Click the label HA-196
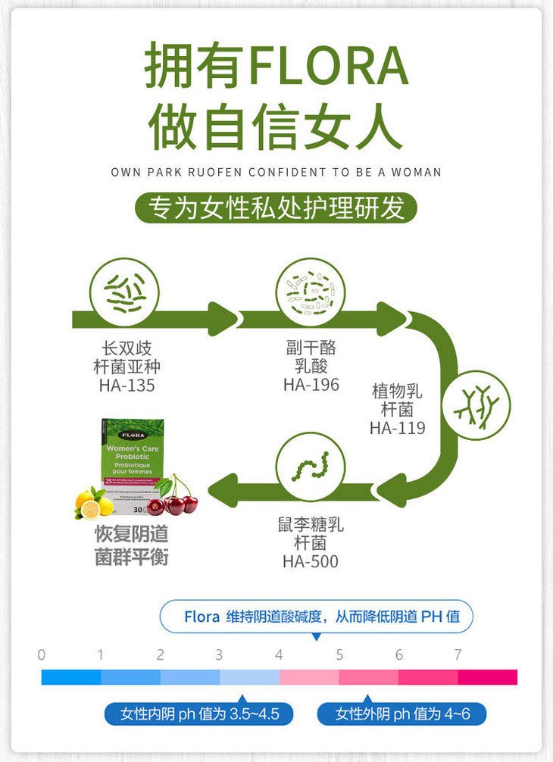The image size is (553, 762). click(311, 385)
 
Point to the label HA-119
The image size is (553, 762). click(397, 428)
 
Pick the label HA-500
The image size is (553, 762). click(311, 561)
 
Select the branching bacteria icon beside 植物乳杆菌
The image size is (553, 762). click(476, 404)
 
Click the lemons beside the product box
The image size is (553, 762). click(94, 501)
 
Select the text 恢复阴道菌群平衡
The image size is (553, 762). click(131, 546)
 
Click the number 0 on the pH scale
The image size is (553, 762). click(42, 654)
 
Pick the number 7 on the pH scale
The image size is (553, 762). click(458, 654)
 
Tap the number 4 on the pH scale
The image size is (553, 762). click(279, 654)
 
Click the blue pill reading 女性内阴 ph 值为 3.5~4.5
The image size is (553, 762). click(200, 714)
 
